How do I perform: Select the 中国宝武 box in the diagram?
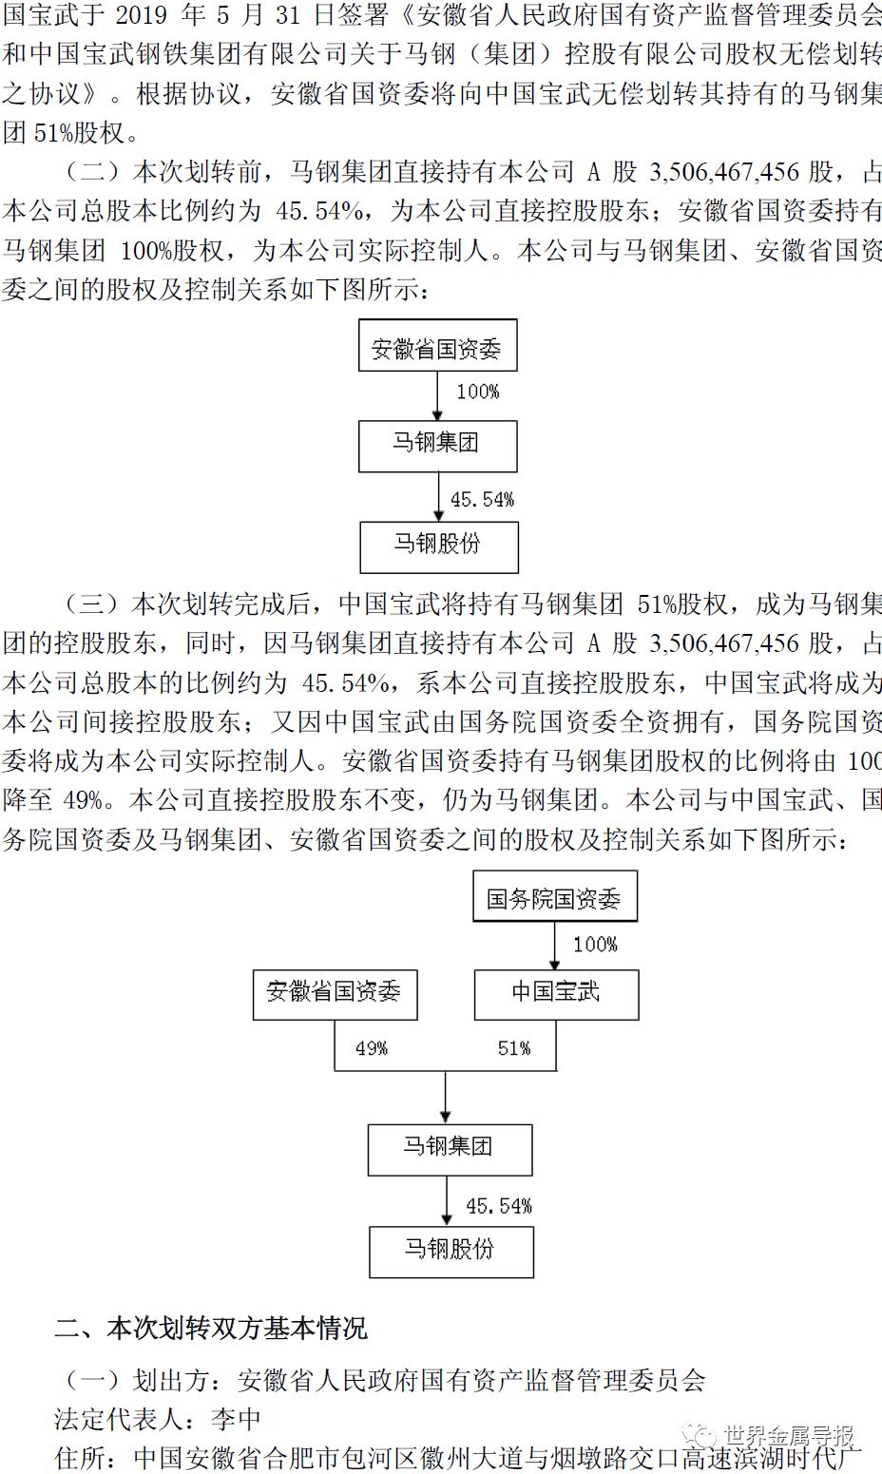tap(556, 993)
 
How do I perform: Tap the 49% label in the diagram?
tap(371, 1048)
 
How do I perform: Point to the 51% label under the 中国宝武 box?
tap(514, 1048)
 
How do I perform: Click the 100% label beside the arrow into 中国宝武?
tap(595, 945)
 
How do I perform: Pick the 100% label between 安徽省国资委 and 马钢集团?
tap(477, 392)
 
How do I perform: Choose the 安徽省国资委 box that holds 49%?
tap(335, 993)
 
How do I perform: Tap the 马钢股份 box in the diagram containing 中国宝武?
tap(451, 1250)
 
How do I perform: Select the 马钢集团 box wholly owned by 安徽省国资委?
tap(437, 446)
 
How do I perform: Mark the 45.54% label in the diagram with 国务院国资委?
tap(498, 1206)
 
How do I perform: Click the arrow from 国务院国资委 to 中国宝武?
tap(555, 946)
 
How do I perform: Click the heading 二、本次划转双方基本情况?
tap(210, 1328)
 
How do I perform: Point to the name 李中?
tap(235, 1419)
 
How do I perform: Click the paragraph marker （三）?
tap(95, 604)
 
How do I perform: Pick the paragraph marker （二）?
tap(95, 172)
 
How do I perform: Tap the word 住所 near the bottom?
tap(80, 1457)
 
